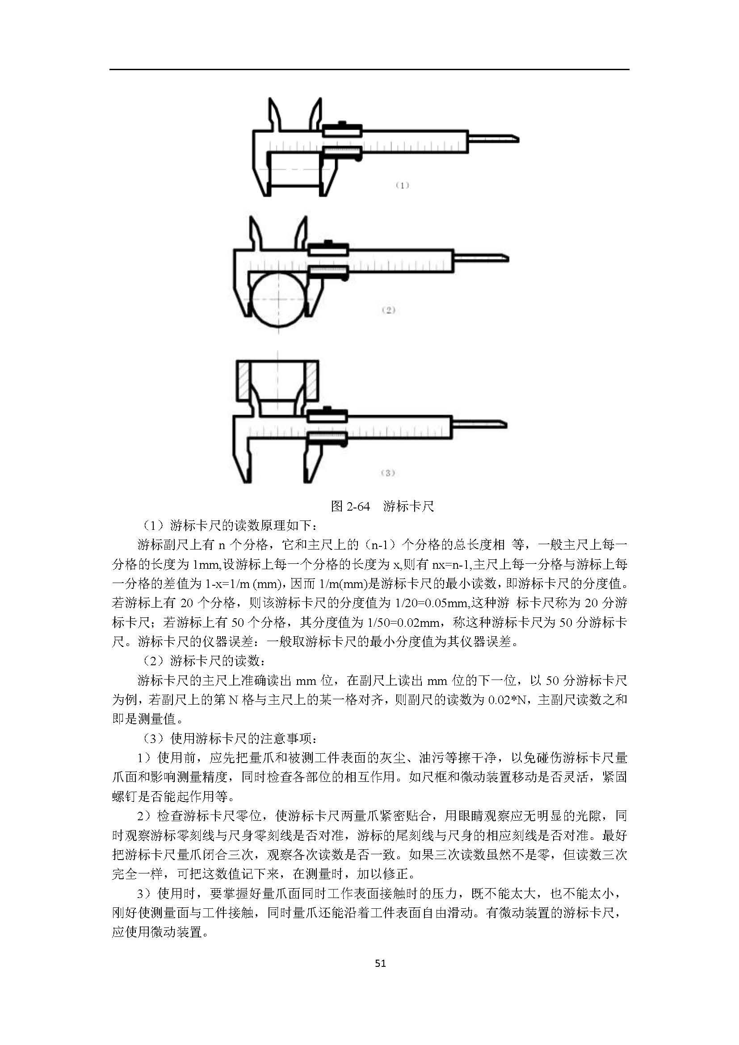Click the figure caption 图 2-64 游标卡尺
pos(382,506)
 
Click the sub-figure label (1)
pos(402,185)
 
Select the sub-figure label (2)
pos(388,310)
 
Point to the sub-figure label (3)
pos(387,473)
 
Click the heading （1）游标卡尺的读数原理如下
pos(229,526)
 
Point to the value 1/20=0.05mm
pos(432,603)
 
